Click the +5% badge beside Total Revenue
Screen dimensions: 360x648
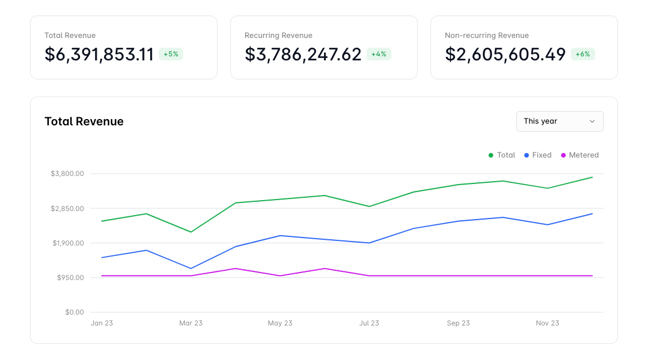click(171, 54)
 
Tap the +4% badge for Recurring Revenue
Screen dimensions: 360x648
click(379, 54)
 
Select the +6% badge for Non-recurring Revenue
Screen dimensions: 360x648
click(582, 54)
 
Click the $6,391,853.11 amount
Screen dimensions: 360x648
click(99, 54)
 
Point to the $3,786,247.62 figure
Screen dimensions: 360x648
click(303, 54)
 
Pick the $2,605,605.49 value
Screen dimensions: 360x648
click(505, 54)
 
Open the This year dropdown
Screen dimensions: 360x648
click(559, 121)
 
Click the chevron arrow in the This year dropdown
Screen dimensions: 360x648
click(592, 121)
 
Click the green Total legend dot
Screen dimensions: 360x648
click(491, 155)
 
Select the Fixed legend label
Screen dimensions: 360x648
click(542, 155)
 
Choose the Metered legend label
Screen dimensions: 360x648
click(584, 155)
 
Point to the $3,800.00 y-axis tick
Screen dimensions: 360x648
click(67, 174)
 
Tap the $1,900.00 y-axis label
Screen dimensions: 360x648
click(68, 243)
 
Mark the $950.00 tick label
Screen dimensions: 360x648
click(70, 278)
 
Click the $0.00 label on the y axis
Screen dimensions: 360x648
click(75, 312)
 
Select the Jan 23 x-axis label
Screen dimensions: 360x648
click(102, 323)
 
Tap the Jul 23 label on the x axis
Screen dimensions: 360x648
click(369, 323)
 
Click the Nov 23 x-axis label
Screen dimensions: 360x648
click(547, 323)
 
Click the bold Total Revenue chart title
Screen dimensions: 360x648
click(84, 121)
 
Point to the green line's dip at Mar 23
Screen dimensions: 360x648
click(190, 232)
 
